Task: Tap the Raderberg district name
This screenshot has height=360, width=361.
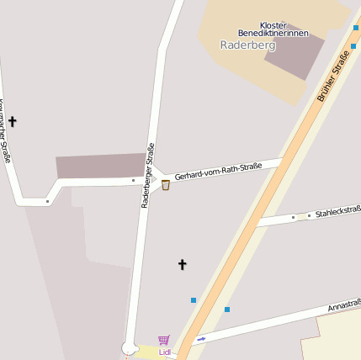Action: pos(242,45)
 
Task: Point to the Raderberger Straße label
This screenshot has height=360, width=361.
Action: pos(148,175)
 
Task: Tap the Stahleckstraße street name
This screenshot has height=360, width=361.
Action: pos(338,211)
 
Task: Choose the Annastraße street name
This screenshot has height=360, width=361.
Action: pos(344,304)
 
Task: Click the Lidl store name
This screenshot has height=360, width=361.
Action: pos(165,352)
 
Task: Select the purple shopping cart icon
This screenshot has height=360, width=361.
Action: pos(164,340)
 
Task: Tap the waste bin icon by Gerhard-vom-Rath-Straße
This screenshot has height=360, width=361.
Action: pos(166,185)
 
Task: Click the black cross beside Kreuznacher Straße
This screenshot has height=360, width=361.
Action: pos(12,122)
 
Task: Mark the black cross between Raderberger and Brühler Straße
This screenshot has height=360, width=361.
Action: pos(182,264)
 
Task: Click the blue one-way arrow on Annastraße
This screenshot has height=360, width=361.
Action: pos(201,340)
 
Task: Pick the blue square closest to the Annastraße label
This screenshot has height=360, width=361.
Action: pos(227,310)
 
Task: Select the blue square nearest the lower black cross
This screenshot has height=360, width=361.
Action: pos(194,299)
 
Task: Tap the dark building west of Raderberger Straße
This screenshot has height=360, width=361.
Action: pos(101,166)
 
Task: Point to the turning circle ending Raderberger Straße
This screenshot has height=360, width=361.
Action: pos(129,347)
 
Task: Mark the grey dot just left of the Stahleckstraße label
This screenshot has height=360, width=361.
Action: pos(308,216)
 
